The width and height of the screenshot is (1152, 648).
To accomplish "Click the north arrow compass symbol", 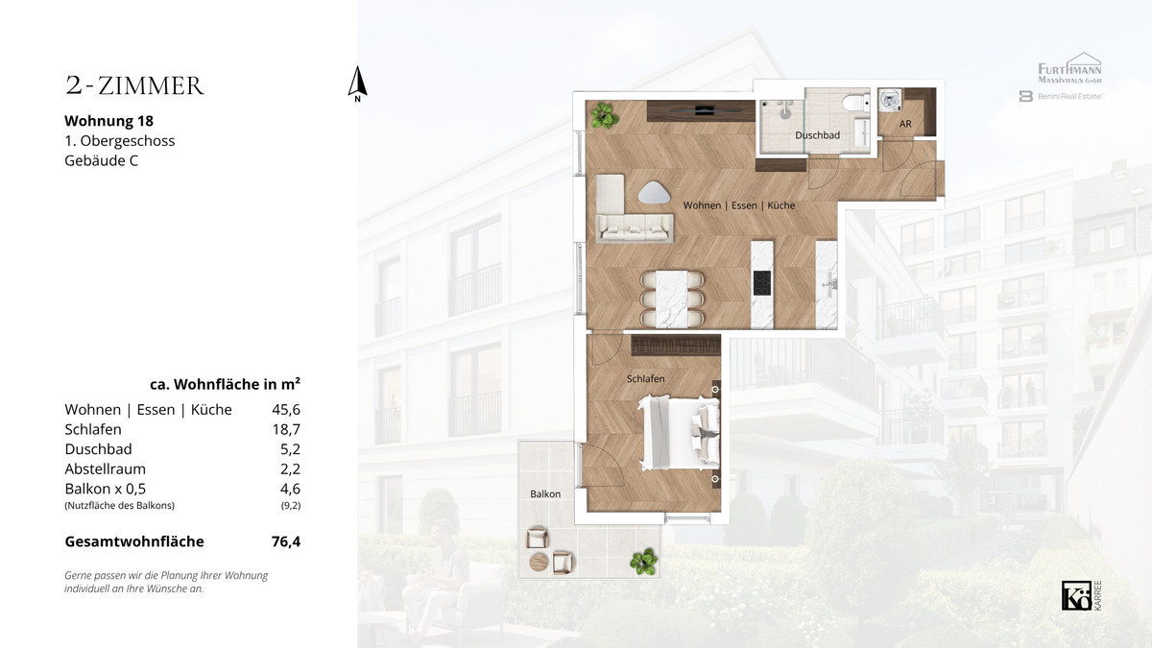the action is [357, 84].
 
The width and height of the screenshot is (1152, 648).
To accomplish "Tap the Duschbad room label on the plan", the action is [817, 135].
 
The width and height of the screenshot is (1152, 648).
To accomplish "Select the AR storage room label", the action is [905, 124].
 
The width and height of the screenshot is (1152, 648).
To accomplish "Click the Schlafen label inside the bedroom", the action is [645, 378].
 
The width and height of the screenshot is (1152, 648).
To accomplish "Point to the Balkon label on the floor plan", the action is [545, 493].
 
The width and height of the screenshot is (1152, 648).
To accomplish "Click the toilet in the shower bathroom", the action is [855, 103].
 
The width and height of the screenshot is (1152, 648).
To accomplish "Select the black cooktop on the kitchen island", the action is [762, 283].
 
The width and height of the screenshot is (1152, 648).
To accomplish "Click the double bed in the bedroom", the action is [679, 432].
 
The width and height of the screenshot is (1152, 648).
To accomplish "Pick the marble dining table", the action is [672, 299].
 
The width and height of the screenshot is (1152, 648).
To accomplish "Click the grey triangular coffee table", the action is [654, 193].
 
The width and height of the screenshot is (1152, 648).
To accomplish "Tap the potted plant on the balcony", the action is [644, 561].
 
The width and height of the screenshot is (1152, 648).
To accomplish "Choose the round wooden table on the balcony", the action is [539, 562].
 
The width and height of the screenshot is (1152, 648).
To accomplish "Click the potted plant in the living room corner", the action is [604, 115].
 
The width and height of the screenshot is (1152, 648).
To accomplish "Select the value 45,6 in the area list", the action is [286, 409].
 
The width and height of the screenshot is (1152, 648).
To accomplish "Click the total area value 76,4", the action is [286, 541].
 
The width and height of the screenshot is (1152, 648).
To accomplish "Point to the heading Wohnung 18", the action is [109, 121].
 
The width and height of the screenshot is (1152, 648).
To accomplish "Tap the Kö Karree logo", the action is [1082, 595].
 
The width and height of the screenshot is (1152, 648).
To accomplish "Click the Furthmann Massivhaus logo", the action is [1069, 68].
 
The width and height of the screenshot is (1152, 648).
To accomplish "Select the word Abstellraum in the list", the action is [106, 469].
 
